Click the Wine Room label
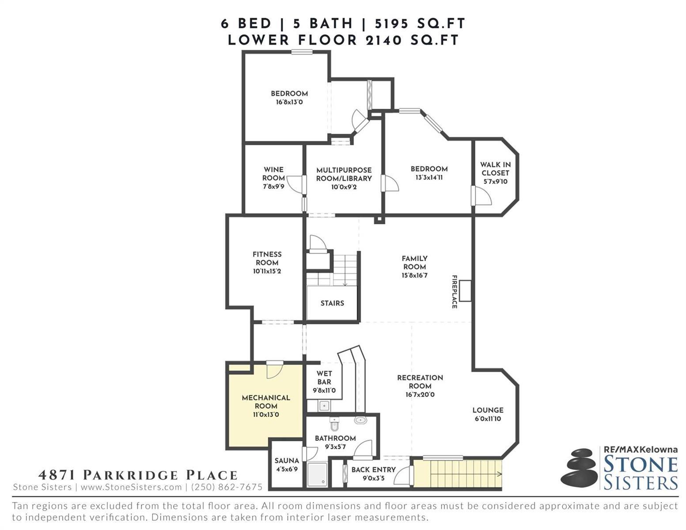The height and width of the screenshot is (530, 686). point(273,174)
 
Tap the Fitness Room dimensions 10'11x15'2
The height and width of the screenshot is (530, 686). point(267,271)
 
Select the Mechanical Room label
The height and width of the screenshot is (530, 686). point(266,401)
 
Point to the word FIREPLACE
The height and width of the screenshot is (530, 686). point(454,291)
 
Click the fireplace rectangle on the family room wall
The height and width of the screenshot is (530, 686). point(465,291)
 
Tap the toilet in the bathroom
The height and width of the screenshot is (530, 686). point(334,424)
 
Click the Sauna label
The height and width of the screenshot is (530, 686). point(286,461)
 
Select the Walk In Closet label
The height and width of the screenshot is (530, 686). point(495,169)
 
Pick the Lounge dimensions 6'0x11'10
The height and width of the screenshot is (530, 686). point(488,419)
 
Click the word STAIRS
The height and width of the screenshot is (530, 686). point(332,303)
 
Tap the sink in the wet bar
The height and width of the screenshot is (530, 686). point(324,405)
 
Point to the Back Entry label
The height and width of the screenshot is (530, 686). point(373,469)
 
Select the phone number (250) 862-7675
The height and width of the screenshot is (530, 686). point(227,487)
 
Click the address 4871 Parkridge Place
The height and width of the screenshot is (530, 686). point(138,475)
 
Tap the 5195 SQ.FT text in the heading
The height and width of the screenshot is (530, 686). point(420,23)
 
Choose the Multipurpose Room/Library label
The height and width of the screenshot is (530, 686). point(344,174)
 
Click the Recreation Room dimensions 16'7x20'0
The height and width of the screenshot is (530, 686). point(420,394)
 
